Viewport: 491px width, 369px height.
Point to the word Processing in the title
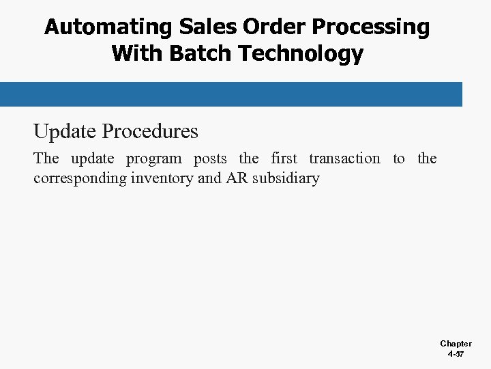click(370, 28)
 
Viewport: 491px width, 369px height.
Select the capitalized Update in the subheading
click(65, 131)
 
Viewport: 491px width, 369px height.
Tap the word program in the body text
click(154, 159)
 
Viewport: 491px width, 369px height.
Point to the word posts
click(210, 159)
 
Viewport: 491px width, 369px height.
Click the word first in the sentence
click(284, 159)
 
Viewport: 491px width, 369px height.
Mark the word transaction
click(344, 159)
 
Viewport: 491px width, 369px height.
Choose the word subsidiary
click(286, 179)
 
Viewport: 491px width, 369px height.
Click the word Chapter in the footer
click(456, 344)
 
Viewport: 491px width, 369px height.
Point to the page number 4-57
click(456, 355)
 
